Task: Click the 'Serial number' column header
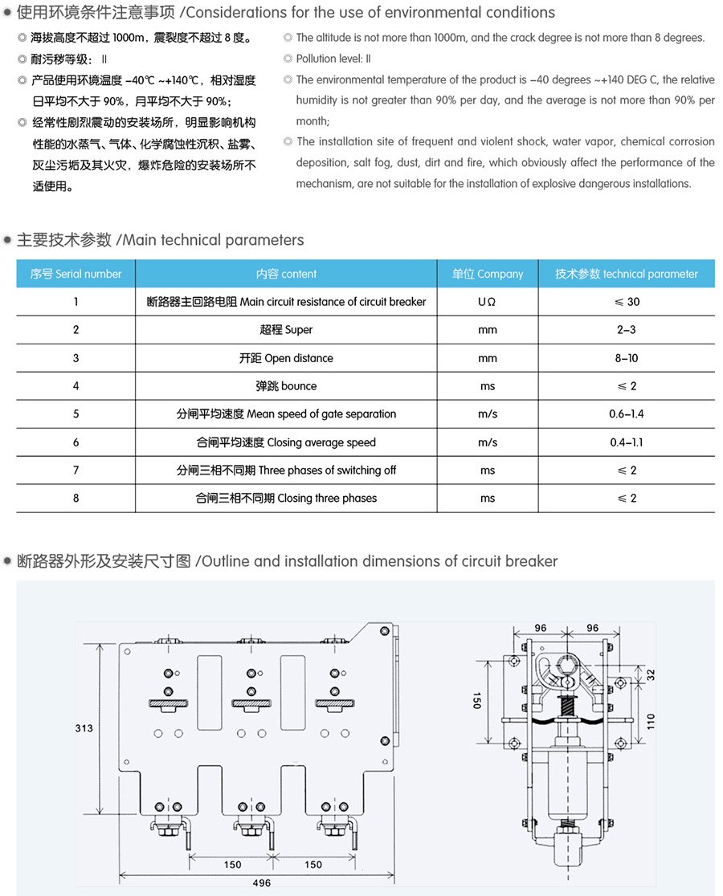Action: (76, 274)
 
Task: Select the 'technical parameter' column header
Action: (627, 274)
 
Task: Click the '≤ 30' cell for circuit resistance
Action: (627, 302)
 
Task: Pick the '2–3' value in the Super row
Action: (627, 330)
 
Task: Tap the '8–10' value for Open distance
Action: (627, 358)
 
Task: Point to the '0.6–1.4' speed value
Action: (627, 414)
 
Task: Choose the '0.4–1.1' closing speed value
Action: (627, 442)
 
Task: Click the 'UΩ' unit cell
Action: (488, 302)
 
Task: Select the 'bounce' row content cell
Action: (287, 386)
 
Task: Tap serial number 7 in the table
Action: (76, 470)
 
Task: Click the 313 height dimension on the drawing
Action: (84, 728)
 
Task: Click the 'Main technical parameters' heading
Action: (160, 240)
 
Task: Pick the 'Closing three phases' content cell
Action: (287, 499)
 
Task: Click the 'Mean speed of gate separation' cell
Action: (287, 414)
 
